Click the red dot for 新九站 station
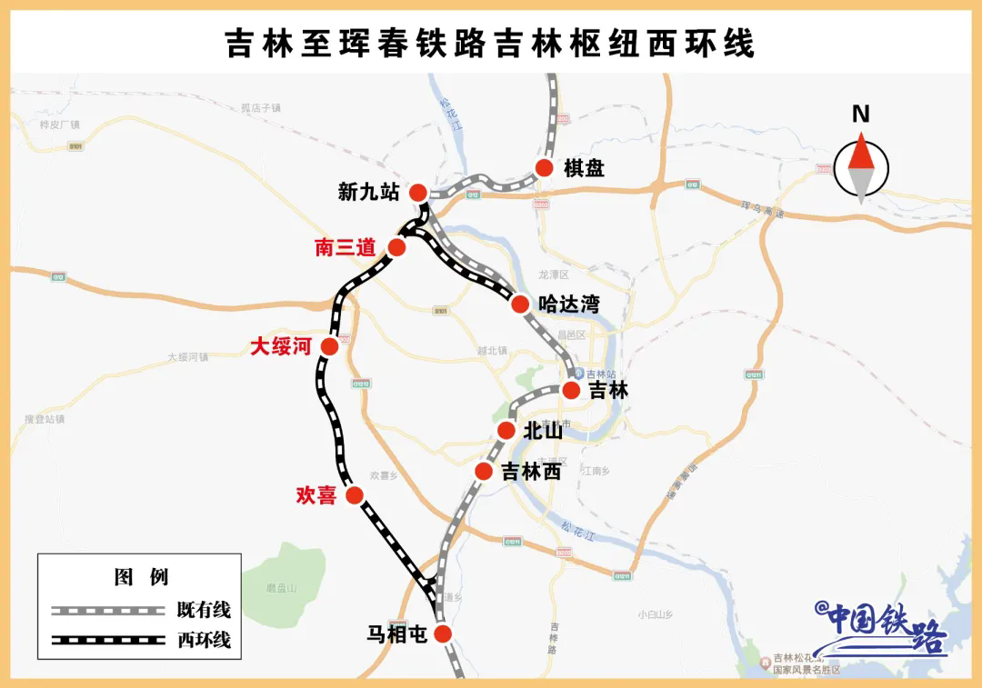tap(418, 192)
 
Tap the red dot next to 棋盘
tap(545, 168)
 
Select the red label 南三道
tap(346, 247)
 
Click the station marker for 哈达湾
tap(520, 304)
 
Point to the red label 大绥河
tap(281, 346)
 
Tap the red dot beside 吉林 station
tap(571, 390)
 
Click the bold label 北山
tap(543, 432)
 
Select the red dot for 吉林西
tap(484, 471)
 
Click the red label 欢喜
tap(316, 495)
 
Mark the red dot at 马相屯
tap(443, 633)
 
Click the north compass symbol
tap(860, 168)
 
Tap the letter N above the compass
tap(860, 115)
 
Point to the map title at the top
tap(490, 43)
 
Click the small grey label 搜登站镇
tap(45, 419)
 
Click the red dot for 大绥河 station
tap(330, 346)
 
